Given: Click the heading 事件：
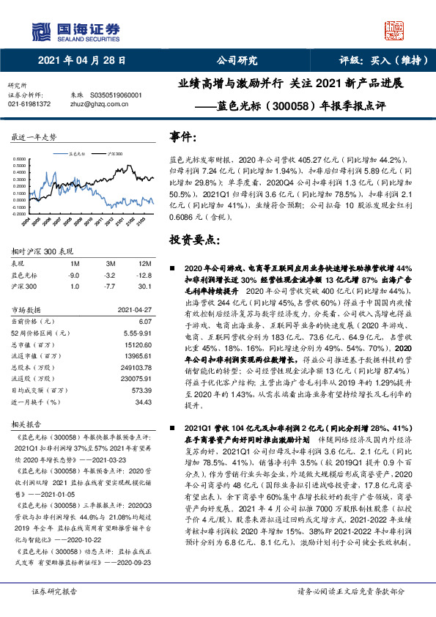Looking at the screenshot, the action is pos(183,138).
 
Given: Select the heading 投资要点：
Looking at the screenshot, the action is pos(194,240).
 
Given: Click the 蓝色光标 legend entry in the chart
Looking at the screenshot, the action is pos(76,155).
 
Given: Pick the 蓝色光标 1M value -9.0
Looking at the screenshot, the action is pos(74,275).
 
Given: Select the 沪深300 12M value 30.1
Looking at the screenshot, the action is pos(144,286).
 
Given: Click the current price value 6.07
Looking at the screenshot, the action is pos(145,321).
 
